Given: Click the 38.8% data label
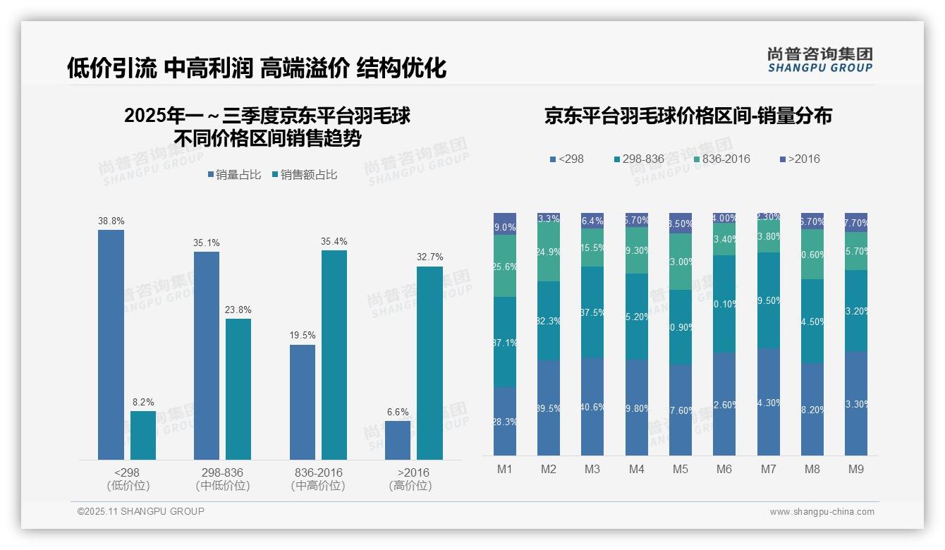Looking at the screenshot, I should click(111, 221).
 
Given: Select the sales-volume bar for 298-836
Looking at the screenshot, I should click(206, 355).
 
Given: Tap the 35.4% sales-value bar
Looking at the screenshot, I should click(334, 355).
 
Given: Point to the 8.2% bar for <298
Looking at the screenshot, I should click(143, 435).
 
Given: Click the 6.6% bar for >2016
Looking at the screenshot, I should click(397, 440).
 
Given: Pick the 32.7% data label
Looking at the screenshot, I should click(429, 257).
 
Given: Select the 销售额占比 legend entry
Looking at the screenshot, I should click(304, 175).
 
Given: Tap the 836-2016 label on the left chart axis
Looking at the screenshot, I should click(317, 472).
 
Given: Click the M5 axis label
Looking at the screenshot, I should click(680, 469).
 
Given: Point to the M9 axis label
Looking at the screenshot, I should click(855, 469).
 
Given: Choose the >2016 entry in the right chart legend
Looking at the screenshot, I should click(800, 159).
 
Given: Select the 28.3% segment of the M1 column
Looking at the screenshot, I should click(505, 421).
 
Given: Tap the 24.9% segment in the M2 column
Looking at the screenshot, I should click(548, 252).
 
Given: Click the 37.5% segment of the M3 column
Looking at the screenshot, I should click(592, 312).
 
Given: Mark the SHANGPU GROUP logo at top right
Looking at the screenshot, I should click(819, 60).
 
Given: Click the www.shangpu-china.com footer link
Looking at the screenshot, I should click(822, 512).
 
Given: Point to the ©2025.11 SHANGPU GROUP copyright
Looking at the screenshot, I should click(141, 511).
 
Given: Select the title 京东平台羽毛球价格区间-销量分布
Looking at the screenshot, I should click(688, 116).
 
